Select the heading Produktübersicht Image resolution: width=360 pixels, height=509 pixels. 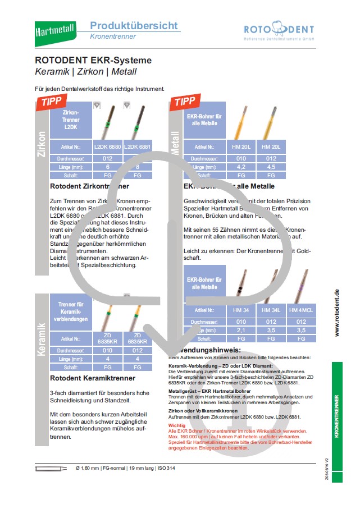point(134,25)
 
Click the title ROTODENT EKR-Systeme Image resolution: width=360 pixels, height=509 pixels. point(93,60)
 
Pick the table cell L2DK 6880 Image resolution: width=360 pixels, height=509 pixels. point(107,146)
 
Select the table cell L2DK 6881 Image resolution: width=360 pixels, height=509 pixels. point(137,146)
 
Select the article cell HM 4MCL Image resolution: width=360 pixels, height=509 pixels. point(301,310)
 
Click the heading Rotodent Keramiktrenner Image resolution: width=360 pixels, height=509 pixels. point(92,378)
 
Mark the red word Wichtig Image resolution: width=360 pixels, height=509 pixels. point(176,426)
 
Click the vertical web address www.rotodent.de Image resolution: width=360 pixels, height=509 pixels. point(336,313)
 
